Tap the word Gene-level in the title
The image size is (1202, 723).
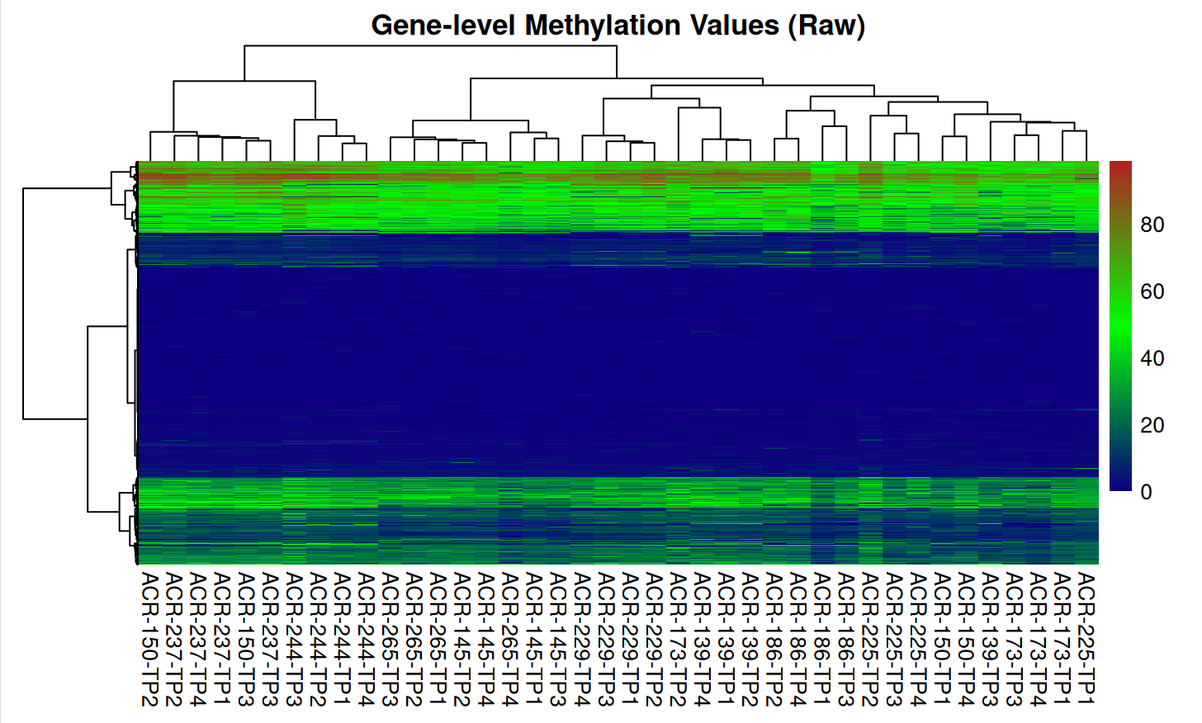[442, 26]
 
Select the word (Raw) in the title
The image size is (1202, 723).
[826, 26]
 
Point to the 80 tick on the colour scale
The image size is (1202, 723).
[1152, 224]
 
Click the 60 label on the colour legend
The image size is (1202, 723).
[1152, 291]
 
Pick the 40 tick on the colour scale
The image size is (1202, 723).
[1152, 358]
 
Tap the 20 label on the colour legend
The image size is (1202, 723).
[1152, 425]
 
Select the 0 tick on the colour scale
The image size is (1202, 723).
[1146, 492]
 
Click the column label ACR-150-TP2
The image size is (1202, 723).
[149, 638]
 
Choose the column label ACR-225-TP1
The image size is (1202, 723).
[1086, 638]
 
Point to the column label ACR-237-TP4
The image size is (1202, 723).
[197, 638]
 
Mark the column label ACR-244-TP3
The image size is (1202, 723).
[294, 638]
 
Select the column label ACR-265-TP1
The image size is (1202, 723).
[438, 638]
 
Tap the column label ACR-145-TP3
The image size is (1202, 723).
[558, 638]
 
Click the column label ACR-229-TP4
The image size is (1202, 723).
[582, 638]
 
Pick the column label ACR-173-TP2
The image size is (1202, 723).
[678, 638]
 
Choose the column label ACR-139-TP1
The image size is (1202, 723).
[726, 638]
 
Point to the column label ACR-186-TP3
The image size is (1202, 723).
[846, 638]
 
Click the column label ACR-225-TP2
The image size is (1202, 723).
[870, 638]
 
